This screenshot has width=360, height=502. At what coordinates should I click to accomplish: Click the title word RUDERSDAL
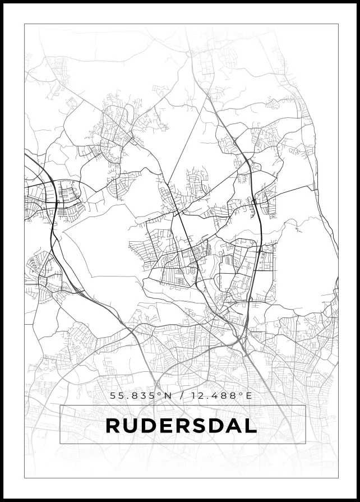(x=181, y=425)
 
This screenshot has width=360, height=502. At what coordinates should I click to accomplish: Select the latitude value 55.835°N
(x=140, y=395)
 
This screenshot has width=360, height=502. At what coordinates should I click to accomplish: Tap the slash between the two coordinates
(x=181, y=395)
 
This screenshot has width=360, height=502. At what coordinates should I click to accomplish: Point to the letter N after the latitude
(x=167, y=395)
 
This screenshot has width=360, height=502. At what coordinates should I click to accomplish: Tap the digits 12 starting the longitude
(x=197, y=395)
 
